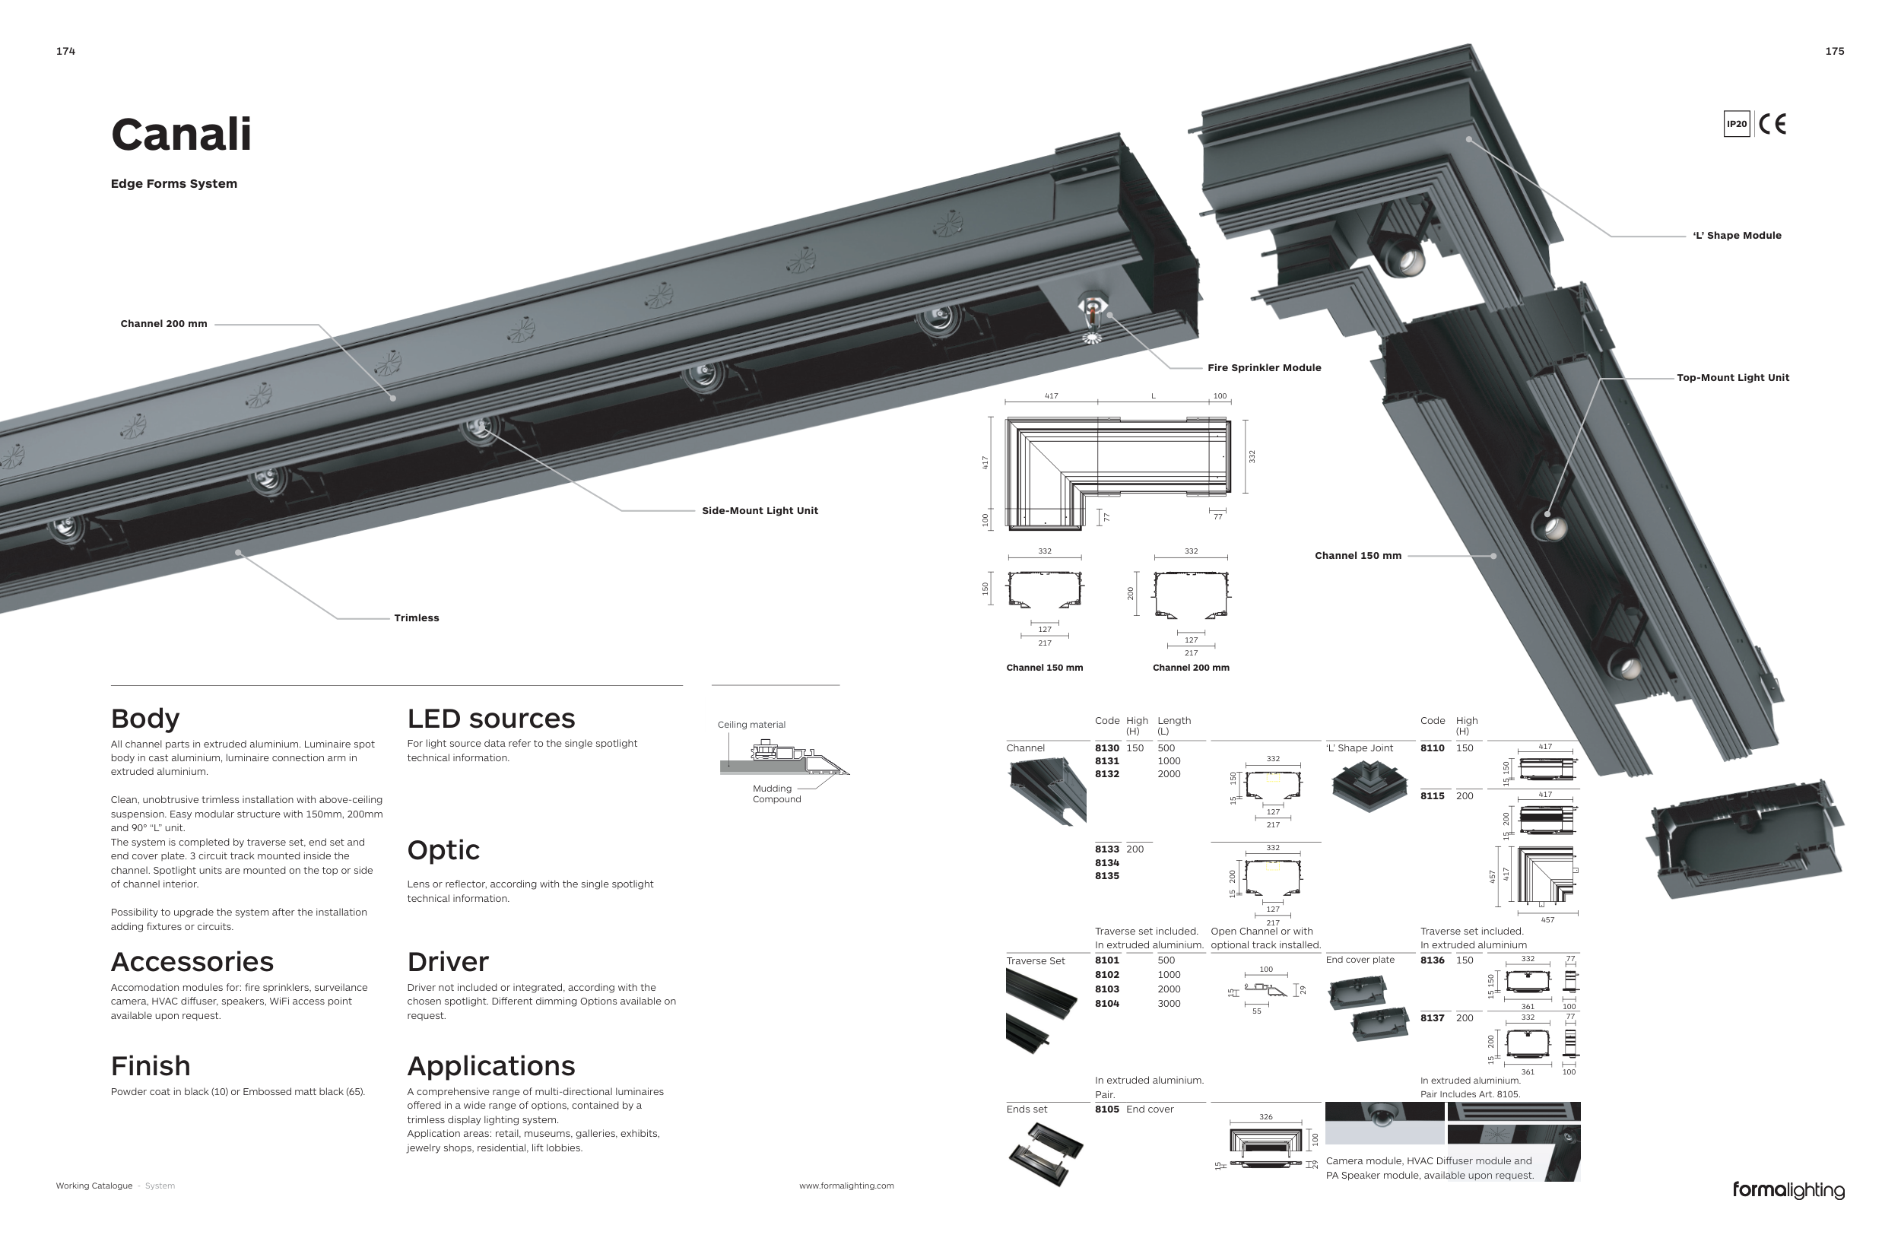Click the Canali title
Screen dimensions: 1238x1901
pos(181,134)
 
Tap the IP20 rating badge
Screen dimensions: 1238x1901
pos(1737,124)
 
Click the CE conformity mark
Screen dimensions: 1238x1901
pos(1772,124)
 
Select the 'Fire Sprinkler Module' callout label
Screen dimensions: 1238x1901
pos(1264,368)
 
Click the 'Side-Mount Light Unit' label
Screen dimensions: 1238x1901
pos(760,511)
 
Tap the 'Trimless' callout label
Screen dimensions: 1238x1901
pos(416,618)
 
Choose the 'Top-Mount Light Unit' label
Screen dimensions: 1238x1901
pos(1732,378)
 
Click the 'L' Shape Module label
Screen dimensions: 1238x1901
pos(1737,236)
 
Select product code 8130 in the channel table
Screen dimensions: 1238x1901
pos(1106,748)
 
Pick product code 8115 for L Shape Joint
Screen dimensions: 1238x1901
pos(1432,796)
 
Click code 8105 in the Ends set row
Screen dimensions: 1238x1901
pos(1106,1109)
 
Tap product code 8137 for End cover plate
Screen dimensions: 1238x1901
pos(1432,1018)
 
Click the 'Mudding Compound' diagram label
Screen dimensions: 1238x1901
pos(776,794)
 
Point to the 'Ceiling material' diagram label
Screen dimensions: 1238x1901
pos(751,725)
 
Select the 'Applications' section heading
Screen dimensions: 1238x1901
pos(490,1066)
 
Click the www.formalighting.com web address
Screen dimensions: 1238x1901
pos(846,1186)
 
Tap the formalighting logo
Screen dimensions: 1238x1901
pos(1788,1190)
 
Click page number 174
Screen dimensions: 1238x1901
pos(65,51)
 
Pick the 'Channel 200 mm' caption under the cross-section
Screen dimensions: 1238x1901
pos(1190,668)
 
